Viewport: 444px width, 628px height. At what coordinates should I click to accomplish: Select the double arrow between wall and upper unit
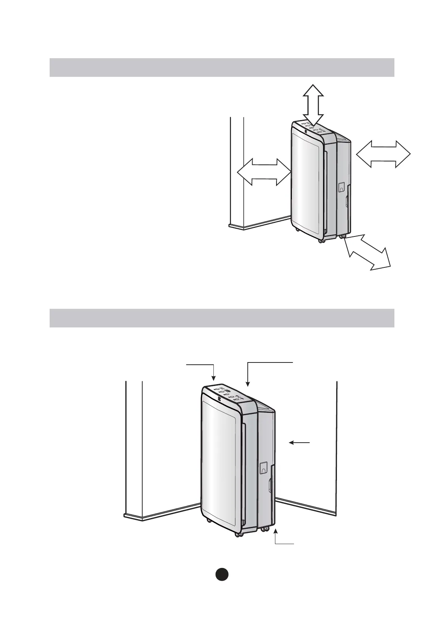(x=264, y=172)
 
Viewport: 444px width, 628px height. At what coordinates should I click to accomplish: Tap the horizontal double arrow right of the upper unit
(x=383, y=154)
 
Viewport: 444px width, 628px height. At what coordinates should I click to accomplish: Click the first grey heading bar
(x=222, y=67)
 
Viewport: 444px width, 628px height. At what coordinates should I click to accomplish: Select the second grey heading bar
(x=222, y=318)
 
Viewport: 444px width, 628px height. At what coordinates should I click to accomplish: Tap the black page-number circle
(x=222, y=574)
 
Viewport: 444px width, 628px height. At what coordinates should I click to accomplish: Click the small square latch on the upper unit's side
(x=341, y=187)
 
